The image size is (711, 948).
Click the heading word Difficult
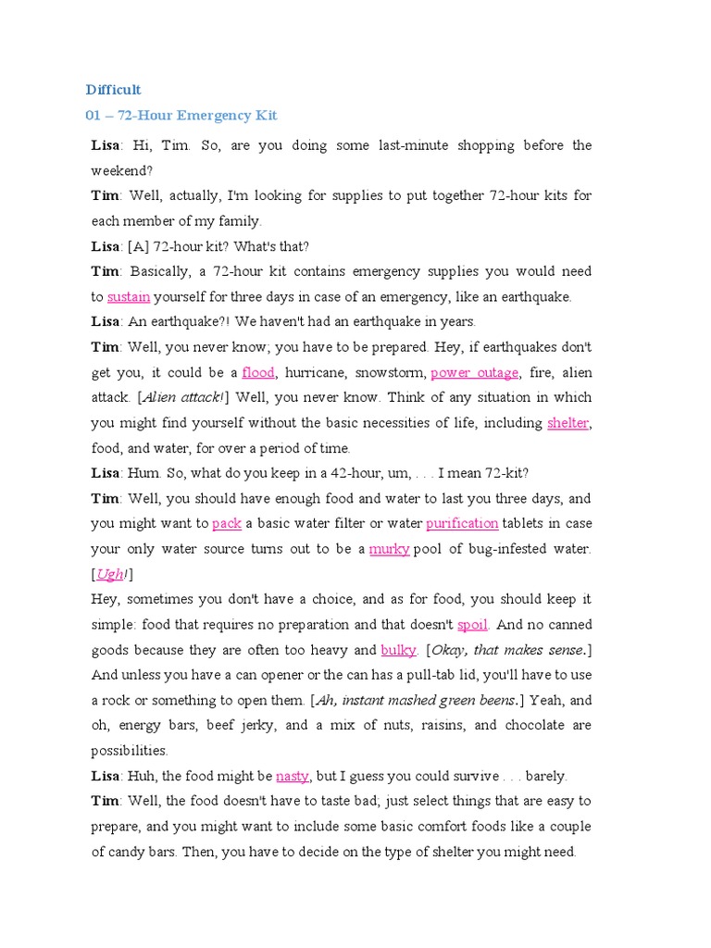pyautogui.click(x=113, y=90)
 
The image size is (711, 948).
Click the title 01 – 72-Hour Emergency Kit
pyautogui.click(x=181, y=116)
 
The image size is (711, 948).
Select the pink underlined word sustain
pyautogui.click(x=129, y=297)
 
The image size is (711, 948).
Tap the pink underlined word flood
pyautogui.click(x=258, y=373)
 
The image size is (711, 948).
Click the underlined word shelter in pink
pyautogui.click(x=568, y=423)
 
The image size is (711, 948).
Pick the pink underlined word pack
pyautogui.click(x=227, y=524)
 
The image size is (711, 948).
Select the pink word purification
pyautogui.click(x=462, y=524)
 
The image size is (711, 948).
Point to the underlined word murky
pyautogui.click(x=389, y=549)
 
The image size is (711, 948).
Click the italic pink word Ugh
pyautogui.click(x=109, y=574)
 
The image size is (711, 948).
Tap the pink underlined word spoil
pyautogui.click(x=472, y=625)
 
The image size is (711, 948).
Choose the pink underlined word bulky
pyautogui.click(x=399, y=650)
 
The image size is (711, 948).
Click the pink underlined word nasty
pyautogui.click(x=292, y=776)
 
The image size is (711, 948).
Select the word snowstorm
pyautogui.click(x=393, y=373)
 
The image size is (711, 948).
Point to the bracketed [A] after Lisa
pyautogui.click(x=137, y=247)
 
